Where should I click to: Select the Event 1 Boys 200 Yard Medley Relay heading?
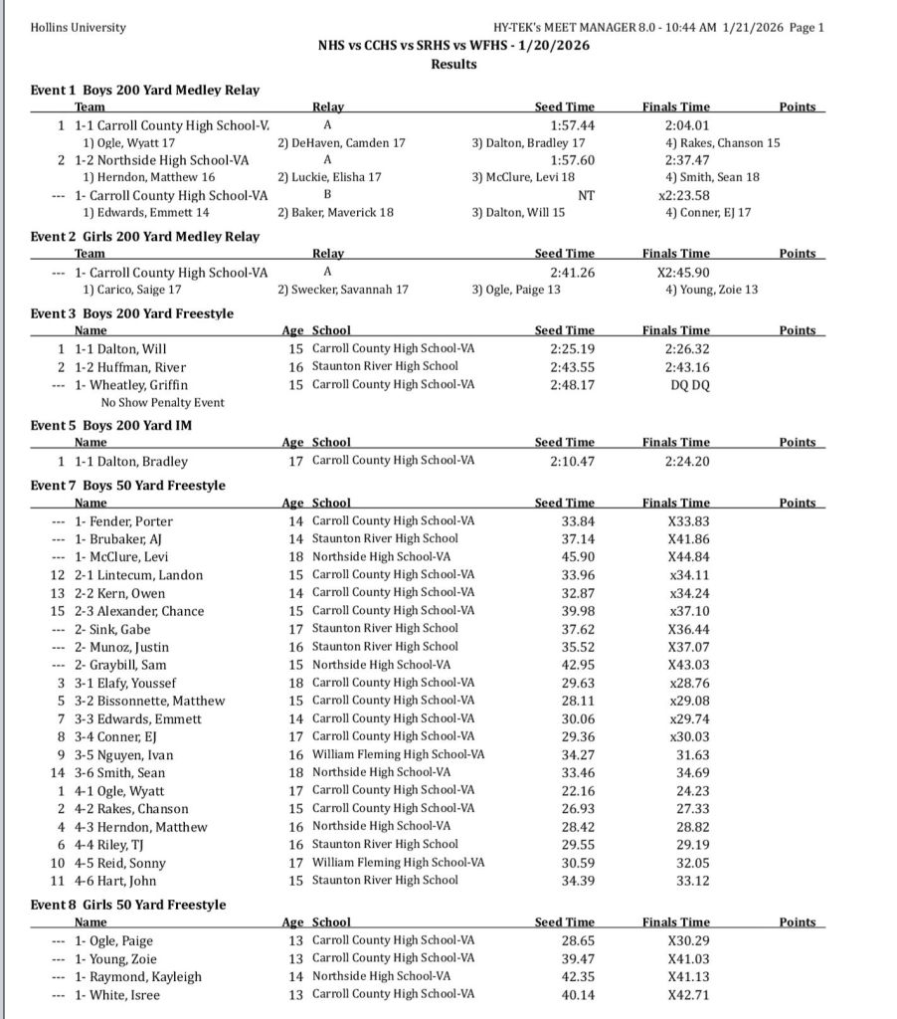(x=145, y=90)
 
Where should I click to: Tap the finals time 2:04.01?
(x=687, y=125)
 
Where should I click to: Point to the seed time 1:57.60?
(x=572, y=160)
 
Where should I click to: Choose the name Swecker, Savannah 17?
(x=344, y=289)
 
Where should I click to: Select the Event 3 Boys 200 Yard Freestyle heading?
(x=132, y=313)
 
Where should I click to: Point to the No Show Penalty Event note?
(x=162, y=402)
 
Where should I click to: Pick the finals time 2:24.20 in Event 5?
(x=687, y=461)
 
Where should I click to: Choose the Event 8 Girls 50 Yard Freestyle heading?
(x=128, y=905)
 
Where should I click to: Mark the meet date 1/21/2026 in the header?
(x=747, y=27)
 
